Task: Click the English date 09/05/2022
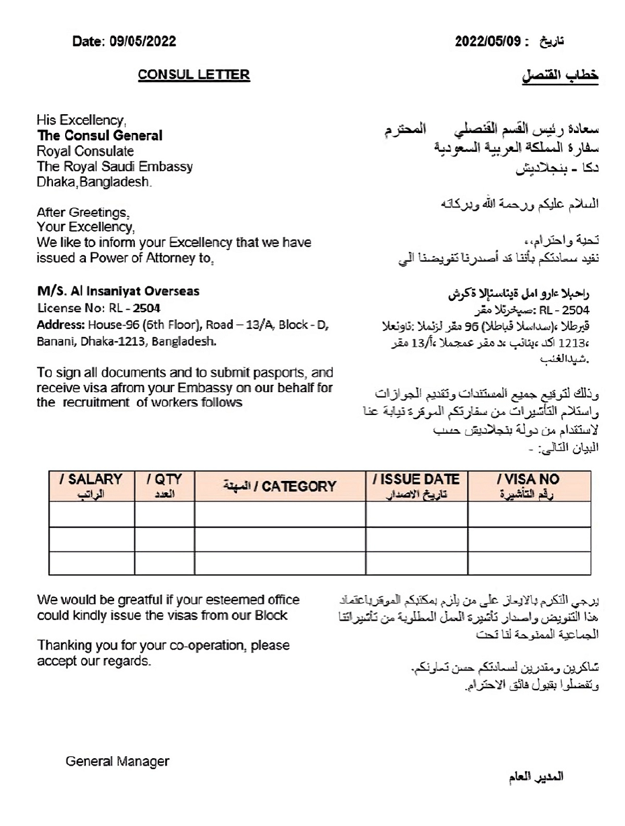(x=142, y=42)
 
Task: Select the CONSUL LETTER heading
(x=193, y=75)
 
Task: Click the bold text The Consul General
(x=99, y=136)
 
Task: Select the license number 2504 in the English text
(x=146, y=309)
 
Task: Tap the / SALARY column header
(x=91, y=484)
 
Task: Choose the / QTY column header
(x=164, y=484)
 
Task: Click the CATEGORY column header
(x=279, y=486)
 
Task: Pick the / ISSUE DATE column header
(x=416, y=484)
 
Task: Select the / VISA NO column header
(x=528, y=484)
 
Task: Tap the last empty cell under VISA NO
(x=528, y=562)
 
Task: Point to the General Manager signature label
(x=117, y=761)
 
